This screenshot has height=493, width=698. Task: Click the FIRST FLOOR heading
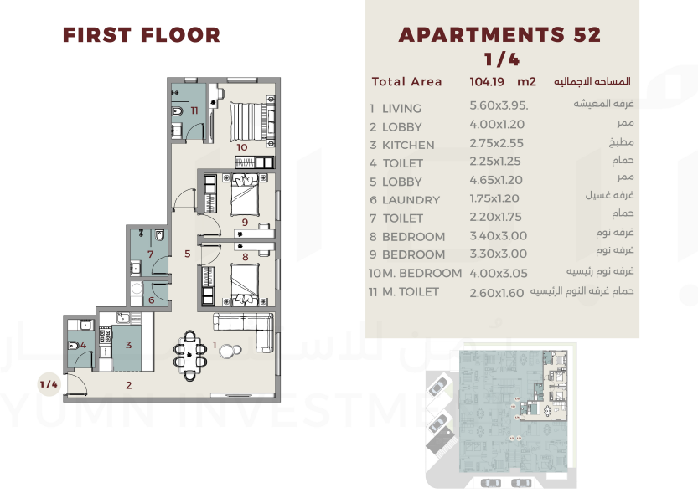tap(142, 35)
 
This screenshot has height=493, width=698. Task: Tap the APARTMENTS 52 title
tap(499, 35)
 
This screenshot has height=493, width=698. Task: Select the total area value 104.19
tap(487, 82)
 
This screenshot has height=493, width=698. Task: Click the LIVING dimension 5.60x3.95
tap(499, 105)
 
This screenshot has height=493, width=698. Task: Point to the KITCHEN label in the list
tap(408, 146)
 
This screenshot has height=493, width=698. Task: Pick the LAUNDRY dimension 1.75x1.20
tap(494, 198)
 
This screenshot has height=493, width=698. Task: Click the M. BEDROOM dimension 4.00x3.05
tap(498, 273)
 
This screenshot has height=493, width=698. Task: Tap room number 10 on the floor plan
tap(241, 147)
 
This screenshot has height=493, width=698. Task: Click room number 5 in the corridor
tap(188, 254)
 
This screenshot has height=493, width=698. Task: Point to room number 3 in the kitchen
tap(129, 345)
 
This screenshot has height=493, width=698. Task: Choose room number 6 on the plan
tap(152, 300)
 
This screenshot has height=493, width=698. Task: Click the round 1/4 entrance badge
tap(49, 384)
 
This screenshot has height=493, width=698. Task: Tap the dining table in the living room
tap(190, 355)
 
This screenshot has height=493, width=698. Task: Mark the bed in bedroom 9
tap(245, 195)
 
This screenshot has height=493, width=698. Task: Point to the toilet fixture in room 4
tap(73, 346)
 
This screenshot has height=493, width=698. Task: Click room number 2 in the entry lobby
tap(129, 385)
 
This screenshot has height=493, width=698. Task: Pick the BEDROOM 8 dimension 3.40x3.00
tap(498, 235)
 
